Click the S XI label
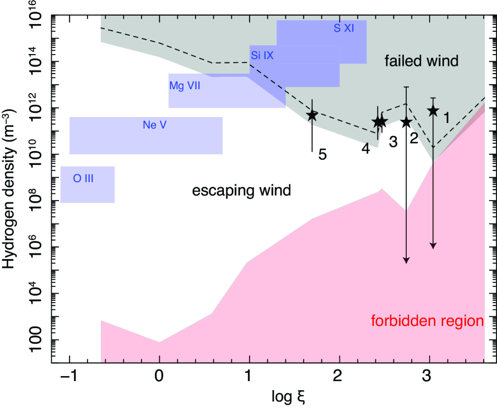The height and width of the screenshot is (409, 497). click(x=344, y=28)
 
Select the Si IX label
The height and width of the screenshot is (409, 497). click(x=262, y=55)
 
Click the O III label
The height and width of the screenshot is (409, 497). click(x=84, y=179)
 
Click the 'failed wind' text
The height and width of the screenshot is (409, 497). click(x=421, y=61)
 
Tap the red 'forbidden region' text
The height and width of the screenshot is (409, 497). click(x=427, y=321)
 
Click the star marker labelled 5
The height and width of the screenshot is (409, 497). click(x=312, y=115)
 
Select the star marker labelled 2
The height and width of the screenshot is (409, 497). click(x=406, y=122)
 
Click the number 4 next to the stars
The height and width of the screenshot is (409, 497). click(x=366, y=148)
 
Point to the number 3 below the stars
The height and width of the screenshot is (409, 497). click(x=393, y=142)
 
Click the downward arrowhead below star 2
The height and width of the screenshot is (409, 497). click(x=406, y=260)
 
